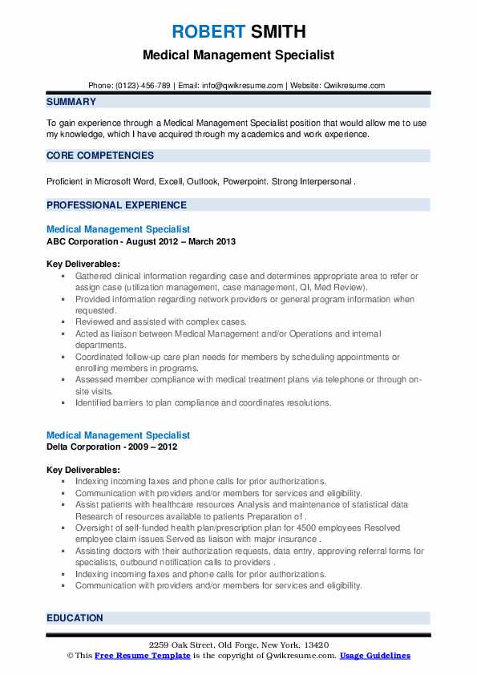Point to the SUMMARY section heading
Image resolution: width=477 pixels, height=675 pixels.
pyautogui.click(x=71, y=102)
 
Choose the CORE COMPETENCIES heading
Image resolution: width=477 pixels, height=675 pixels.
pyautogui.click(x=100, y=155)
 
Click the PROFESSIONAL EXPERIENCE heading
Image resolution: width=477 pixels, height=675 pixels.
pyautogui.click(x=117, y=204)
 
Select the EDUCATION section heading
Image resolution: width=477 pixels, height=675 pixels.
pyautogui.click(x=75, y=618)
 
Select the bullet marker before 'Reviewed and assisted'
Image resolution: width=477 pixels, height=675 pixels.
pyautogui.click(x=63, y=321)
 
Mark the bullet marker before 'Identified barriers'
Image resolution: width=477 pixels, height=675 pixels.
pyautogui.click(x=63, y=402)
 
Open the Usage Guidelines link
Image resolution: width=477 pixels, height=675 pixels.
pyautogui.click(x=374, y=656)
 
